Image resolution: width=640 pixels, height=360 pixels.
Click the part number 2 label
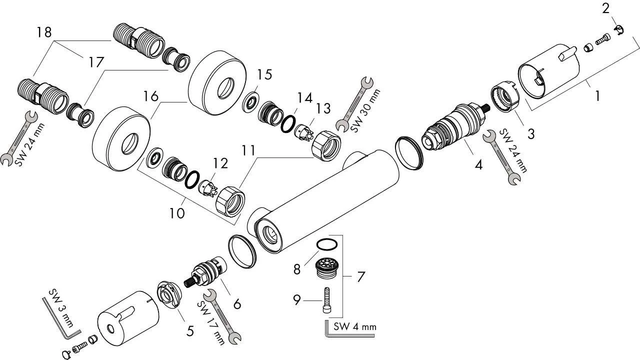pyautogui.click(x=606, y=8)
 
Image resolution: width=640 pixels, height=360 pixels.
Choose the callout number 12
pyautogui.click(x=220, y=163)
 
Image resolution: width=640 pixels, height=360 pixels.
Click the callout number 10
pyautogui.click(x=176, y=213)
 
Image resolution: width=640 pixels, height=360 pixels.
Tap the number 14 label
pyautogui.click(x=303, y=97)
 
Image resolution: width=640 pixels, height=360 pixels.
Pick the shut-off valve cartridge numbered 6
pyautogui.click(x=210, y=273)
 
